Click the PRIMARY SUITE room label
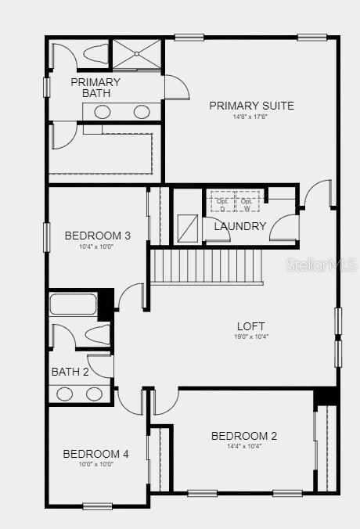click(251, 106)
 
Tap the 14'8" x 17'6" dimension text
click(251, 117)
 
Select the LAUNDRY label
click(240, 227)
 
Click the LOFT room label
click(251, 326)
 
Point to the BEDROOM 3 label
click(97, 236)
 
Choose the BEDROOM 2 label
click(244, 436)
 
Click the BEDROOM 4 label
click(95, 454)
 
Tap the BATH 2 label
click(71, 372)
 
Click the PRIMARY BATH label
click(96, 88)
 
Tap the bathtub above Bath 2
click(74, 304)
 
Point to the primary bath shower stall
click(137, 54)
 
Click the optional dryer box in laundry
click(221, 202)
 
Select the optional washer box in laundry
click(247, 202)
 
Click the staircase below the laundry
click(205, 266)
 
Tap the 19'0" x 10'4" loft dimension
click(251, 337)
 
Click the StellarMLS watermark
click(321, 265)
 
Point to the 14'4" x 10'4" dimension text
click(244, 447)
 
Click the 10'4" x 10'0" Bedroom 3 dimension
click(97, 247)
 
